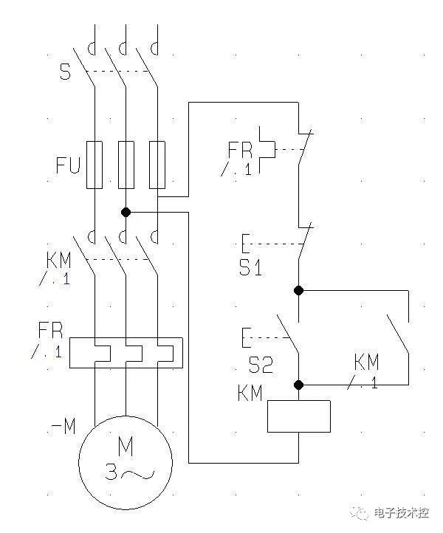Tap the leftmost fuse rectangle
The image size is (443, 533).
(95, 164)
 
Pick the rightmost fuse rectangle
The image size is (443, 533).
(157, 164)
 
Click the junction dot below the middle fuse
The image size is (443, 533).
(126, 212)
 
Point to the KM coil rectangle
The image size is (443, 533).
(298, 416)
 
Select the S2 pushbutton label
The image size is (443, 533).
(260, 365)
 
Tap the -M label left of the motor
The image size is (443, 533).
(62, 427)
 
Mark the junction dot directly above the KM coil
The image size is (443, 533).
(299, 385)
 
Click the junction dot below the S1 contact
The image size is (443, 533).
(299, 290)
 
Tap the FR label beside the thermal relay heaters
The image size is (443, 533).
(50, 329)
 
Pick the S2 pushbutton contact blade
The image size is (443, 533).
(288, 334)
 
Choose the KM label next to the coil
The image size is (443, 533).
(250, 393)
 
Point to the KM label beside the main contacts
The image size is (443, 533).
(59, 261)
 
